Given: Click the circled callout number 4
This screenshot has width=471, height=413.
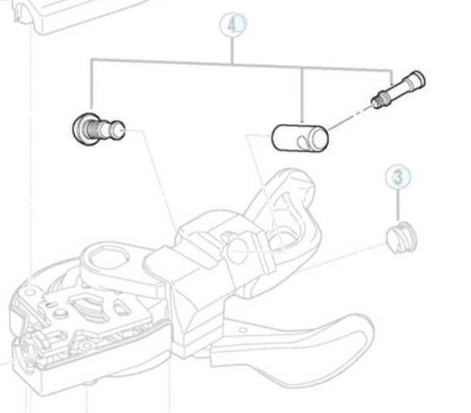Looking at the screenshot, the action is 234,25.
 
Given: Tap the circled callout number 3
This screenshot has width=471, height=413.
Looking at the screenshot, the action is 398,177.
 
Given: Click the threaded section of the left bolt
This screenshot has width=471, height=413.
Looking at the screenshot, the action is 93,130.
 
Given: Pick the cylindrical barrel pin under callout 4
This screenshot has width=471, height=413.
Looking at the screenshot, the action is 300,138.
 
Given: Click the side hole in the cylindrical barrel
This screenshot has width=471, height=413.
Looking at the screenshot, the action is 302,142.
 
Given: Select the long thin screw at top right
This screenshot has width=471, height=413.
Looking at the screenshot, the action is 398,90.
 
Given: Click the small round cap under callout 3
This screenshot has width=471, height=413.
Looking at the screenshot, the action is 401,238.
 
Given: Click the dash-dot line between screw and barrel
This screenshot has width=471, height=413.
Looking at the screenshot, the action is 350,116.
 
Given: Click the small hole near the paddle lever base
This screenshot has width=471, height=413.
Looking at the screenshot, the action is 243,330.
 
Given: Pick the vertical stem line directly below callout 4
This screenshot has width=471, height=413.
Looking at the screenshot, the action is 232,51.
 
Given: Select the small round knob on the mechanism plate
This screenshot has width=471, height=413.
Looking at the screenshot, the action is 61,313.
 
